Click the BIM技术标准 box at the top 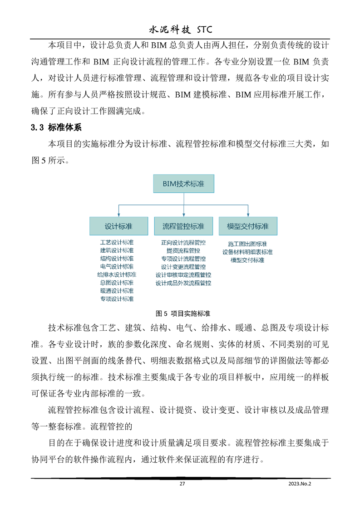point(183,184)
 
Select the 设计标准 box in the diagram point(118,226)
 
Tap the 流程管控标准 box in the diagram point(183,226)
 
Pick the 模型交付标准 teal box point(247,226)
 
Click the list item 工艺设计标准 point(117,242)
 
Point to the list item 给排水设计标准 point(117,274)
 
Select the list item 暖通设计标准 point(117,291)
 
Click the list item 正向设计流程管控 point(183,242)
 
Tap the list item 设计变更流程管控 point(183,267)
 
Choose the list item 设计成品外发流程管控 point(183,283)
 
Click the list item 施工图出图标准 point(247,244)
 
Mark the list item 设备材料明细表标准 point(247,252)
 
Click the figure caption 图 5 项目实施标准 point(183,313)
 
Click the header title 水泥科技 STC point(181,30)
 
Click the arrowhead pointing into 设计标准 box point(118,214)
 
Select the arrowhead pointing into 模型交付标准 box point(247,214)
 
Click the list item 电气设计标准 point(117,266)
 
